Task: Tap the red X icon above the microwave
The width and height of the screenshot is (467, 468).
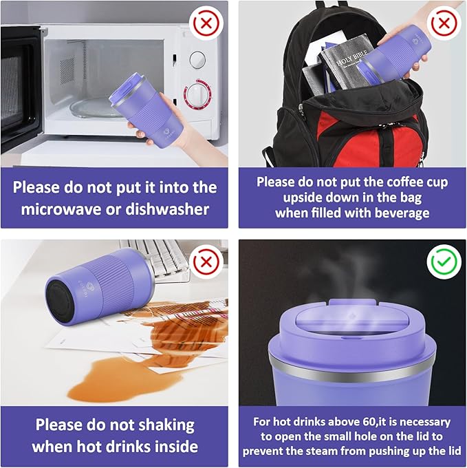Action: [x=206, y=23]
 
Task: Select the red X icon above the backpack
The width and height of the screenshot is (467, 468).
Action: [x=444, y=23]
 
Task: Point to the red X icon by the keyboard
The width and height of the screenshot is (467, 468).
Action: [x=206, y=262]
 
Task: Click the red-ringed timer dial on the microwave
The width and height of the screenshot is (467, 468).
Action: [x=197, y=94]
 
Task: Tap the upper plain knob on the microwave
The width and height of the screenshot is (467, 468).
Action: [x=197, y=59]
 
